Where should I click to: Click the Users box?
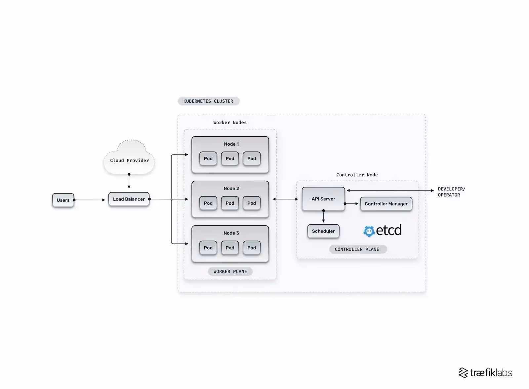click(x=63, y=200)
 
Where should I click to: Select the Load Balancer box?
click(x=129, y=199)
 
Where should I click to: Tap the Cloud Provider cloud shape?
click(x=129, y=158)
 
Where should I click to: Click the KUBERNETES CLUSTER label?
click(x=208, y=101)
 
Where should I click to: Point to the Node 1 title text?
click(x=231, y=144)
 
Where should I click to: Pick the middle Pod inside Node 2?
click(x=230, y=203)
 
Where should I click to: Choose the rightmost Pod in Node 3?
click(x=252, y=248)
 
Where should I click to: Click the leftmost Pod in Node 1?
click(x=208, y=159)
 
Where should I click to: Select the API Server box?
click(x=323, y=199)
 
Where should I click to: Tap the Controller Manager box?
click(x=386, y=204)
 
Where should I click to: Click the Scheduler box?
click(x=323, y=231)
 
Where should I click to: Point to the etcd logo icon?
click(x=369, y=231)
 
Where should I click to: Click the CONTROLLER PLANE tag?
click(x=357, y=249)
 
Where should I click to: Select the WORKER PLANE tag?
click(x=230, y=271)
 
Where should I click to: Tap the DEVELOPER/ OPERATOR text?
click(x=451, y=192)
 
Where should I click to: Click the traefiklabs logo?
click(x=485, y=373)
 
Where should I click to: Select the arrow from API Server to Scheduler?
click(x=323, y=217)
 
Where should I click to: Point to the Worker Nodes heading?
click(x=230, y=123)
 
